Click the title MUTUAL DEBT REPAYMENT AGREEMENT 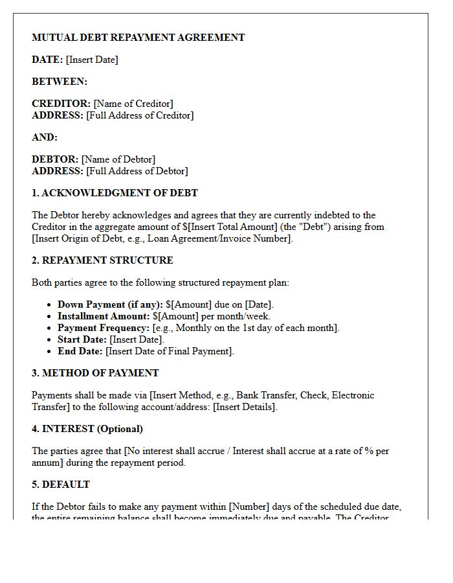pos(138,38)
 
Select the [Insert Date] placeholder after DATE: pos(92,60)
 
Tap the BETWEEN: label pos(60,82)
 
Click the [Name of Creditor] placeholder pos(133,104)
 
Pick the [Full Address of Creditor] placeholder pos(140,115)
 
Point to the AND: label pos(45,137)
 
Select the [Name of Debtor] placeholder pos(118,159)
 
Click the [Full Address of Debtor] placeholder pos(137,171)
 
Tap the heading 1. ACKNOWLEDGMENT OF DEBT pos(115,193)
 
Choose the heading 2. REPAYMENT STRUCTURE pos(102,260)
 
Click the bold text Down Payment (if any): pos(110,304)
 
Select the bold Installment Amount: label pos(104,316)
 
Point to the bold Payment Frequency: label pos(104,328)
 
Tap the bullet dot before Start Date pos(50,339)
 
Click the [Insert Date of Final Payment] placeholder pos(169,351)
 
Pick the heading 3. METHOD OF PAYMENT pos(95,373)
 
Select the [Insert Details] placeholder pos(245,407)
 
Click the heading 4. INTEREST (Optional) pos(87,429)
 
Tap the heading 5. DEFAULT pos(61,485)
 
